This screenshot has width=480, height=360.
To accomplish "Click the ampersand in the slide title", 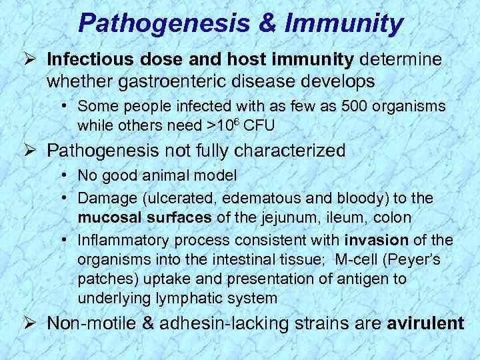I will pos(263,23).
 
